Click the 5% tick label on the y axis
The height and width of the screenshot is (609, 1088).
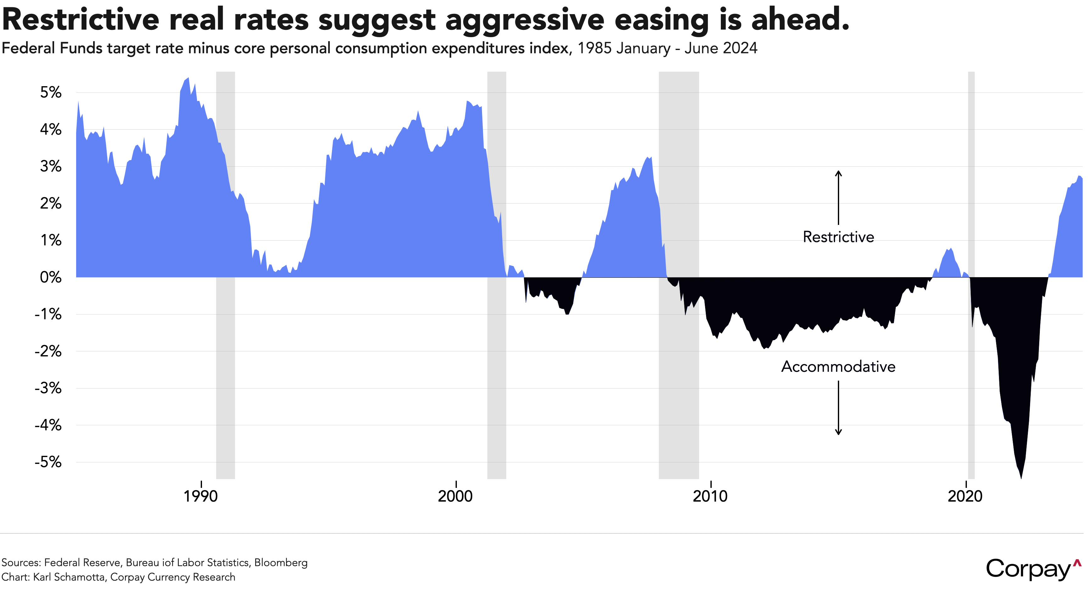pos(51,92)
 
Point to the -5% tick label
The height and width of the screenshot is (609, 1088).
pos(48,462)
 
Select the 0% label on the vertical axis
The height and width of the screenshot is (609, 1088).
pos(51,277)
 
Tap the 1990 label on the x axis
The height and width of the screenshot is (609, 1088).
pos(201,496)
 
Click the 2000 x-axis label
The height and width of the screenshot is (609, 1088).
pos(455,496)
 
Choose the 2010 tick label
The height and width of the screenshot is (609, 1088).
pos(710,496)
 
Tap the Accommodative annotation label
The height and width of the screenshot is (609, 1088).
pos(838,366)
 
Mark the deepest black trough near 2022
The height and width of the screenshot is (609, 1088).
pos(1021,478)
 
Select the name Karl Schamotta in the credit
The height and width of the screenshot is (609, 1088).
pos(69,577)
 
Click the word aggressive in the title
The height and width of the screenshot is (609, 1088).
pos(525,20)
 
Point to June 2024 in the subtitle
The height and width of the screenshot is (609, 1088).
pos(721,48)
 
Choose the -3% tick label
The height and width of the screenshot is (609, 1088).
pos(48,388)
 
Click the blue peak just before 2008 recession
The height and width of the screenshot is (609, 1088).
pos(651,158)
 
